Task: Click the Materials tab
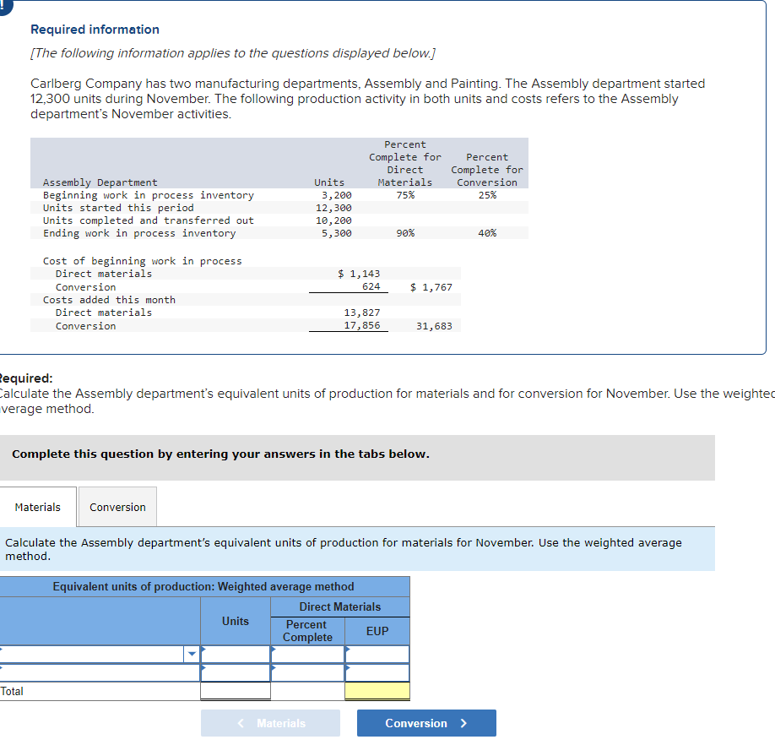[38, 507]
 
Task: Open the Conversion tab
[117, 507]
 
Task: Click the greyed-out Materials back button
[270, 723]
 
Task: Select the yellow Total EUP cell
[377, 691]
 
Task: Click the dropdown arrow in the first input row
[192, 654]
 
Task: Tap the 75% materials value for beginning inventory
[404, 195]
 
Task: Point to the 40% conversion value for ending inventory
[487, 233]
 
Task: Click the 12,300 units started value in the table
[333, 208]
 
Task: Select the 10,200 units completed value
[333, 220]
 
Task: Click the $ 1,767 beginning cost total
[431, 287]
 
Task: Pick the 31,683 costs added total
[434, 326]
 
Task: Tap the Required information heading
[95, 30]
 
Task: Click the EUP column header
[377, 631]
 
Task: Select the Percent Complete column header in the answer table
[307, 631]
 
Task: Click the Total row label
[13, 691]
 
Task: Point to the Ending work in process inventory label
[139, 233]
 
